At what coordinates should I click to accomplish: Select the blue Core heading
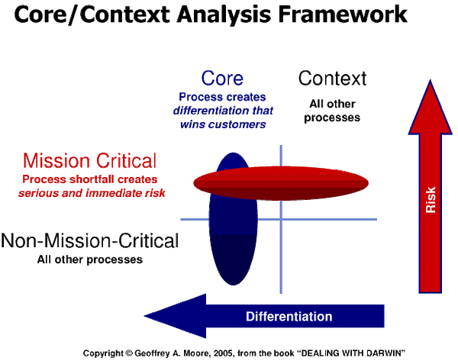(x=222, y=78)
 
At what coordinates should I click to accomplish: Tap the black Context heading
(x=332, y=78)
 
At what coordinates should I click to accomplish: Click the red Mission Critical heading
(x=89, y=161)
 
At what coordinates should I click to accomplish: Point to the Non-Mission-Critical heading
(x=90, y=242)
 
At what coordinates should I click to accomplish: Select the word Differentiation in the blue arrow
(x=289, y=317)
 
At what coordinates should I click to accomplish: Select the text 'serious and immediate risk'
(x=92, y=192)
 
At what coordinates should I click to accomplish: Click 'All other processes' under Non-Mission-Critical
(x=90, y=260)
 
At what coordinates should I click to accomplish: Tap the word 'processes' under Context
(x=334, y=118)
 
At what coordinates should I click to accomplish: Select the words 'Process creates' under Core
(x=222, y=98)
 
